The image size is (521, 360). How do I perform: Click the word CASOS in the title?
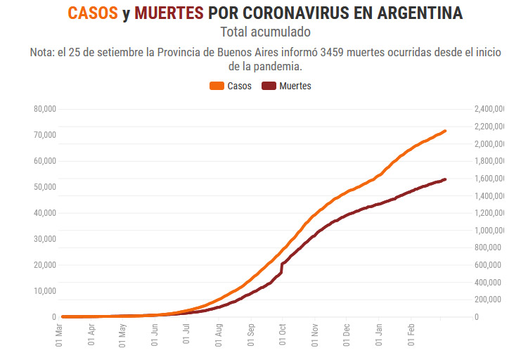coord(93,13)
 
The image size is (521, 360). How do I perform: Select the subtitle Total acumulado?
coord(265,32)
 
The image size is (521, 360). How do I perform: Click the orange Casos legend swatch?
coord(217,86)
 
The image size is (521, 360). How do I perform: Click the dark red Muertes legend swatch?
coord(269,86)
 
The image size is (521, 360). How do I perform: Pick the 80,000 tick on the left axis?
coord(44,109)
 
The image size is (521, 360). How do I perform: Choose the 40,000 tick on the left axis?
coord(44,213)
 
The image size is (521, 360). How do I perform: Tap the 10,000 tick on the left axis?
coord(44,291)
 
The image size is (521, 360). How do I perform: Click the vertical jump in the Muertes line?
coord(281,268)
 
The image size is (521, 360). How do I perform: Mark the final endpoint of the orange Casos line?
coord(445,131)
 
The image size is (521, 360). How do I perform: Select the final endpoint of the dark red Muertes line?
coord(445,179)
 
